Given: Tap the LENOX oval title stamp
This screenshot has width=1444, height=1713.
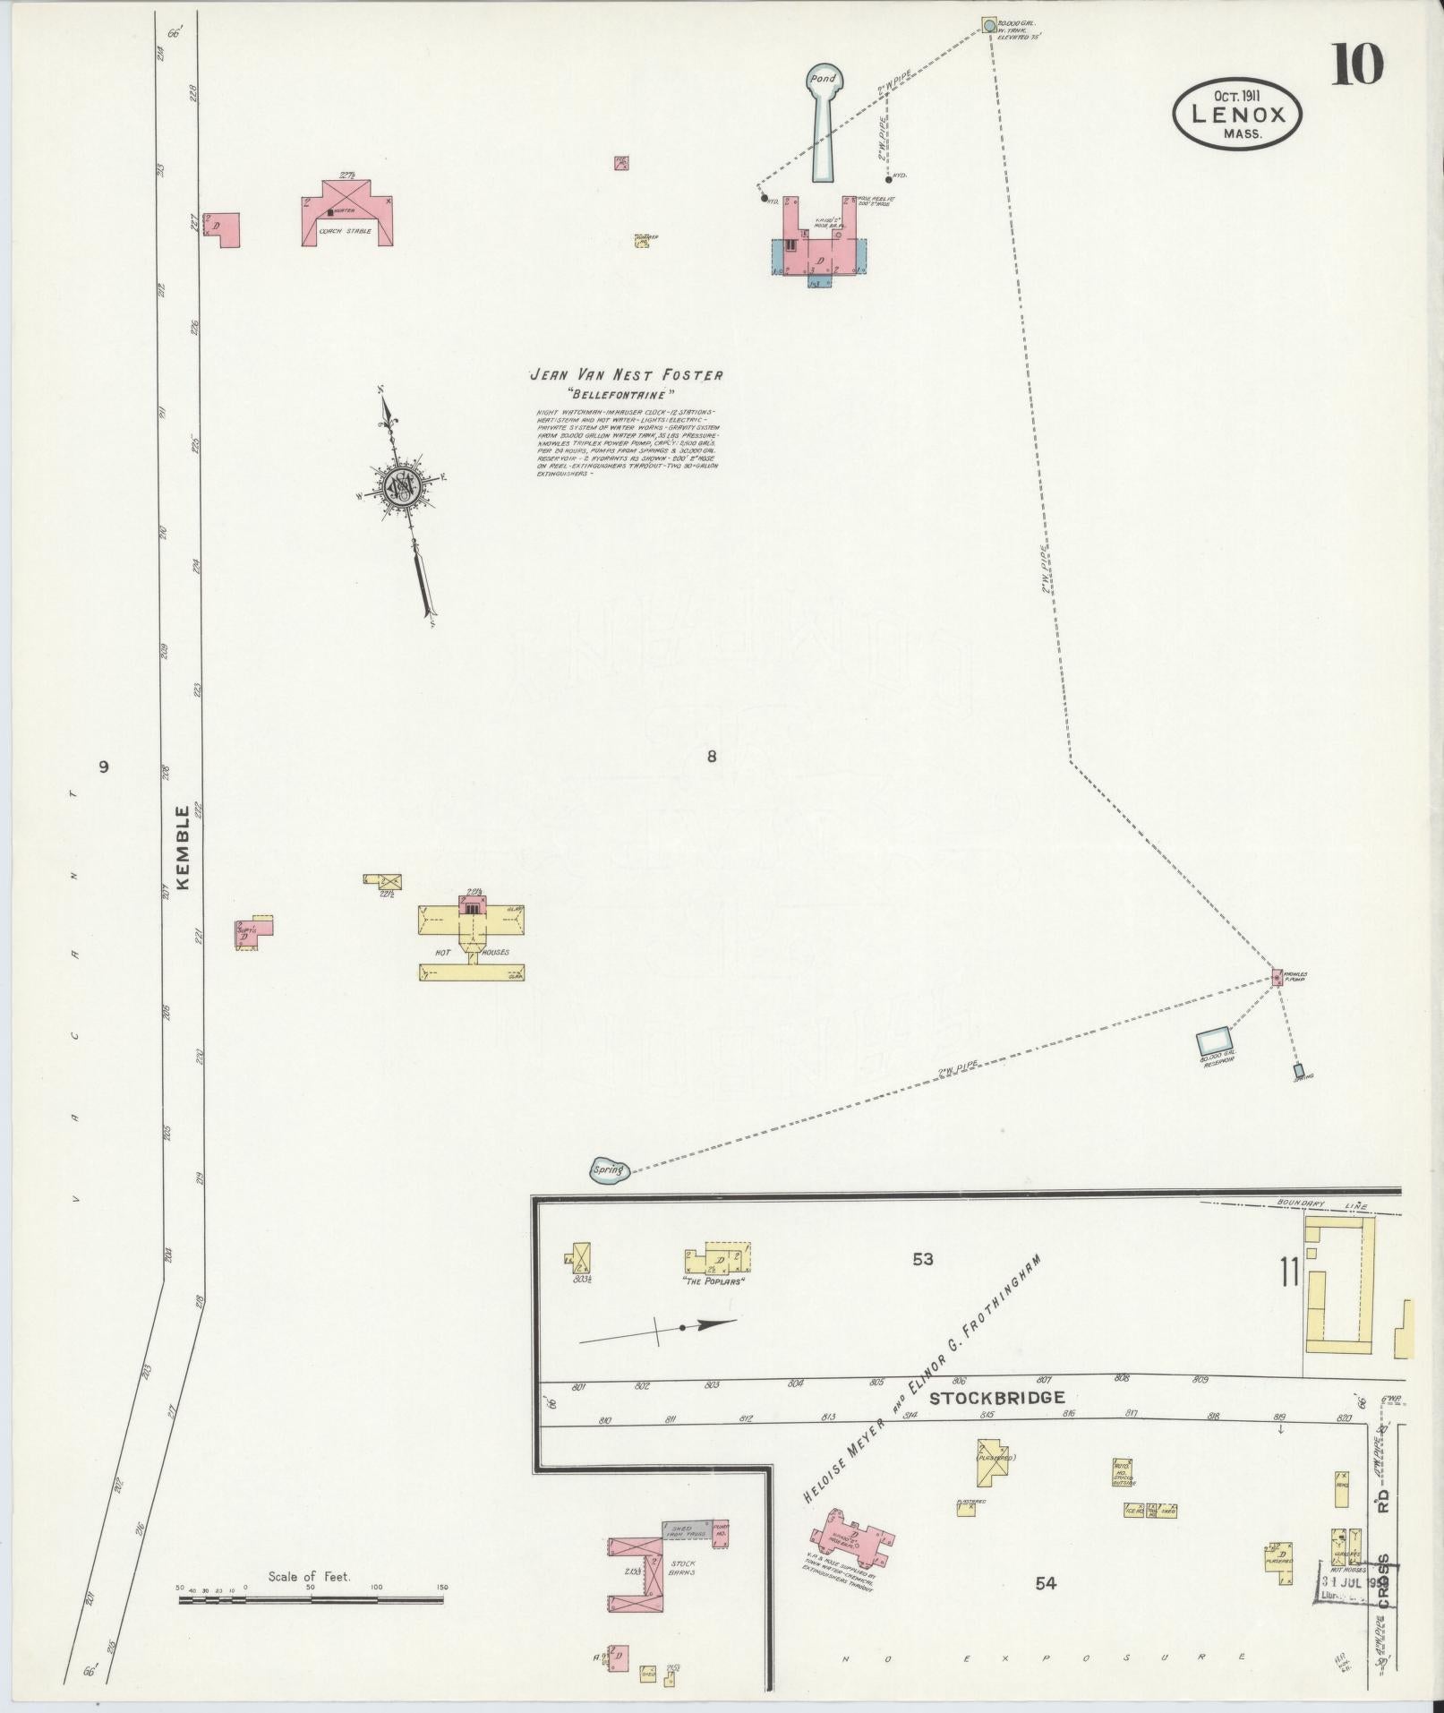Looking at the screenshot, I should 1237,112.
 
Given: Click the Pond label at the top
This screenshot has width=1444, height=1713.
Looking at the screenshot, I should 822,79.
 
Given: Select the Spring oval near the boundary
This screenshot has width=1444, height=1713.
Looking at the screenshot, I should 611,1169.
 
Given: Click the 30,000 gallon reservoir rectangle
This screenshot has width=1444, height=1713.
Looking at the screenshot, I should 1213,1041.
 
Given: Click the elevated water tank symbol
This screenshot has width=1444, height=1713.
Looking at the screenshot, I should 987,25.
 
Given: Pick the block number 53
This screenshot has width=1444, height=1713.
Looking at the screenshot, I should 923,1259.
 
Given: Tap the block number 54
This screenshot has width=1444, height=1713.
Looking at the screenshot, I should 1045,1583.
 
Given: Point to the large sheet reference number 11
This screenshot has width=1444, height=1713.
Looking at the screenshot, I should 1289,1297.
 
